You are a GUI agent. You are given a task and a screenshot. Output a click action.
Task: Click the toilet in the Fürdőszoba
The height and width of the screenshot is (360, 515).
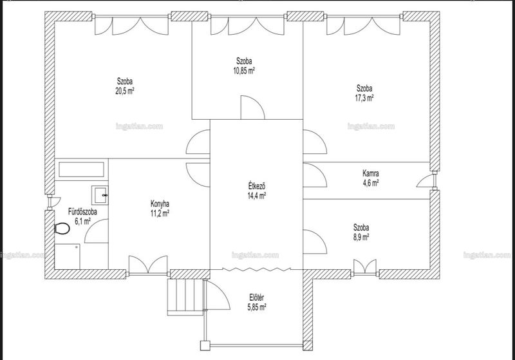[x=62, y=228]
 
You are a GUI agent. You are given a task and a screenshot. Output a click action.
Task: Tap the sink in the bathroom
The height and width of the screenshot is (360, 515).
[x=100, y=195]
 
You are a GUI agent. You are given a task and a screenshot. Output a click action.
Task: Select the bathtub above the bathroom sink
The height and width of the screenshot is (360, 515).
[x=81, y=169]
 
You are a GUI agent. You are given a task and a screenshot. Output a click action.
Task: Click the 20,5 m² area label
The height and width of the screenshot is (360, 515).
[x=124, y=91]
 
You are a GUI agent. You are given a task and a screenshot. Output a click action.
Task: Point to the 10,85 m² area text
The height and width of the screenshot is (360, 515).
[x=244, y=71]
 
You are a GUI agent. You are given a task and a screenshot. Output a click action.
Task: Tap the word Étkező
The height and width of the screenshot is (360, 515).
[x=256, y=186]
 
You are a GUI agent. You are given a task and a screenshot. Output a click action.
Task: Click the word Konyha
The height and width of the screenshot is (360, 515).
[x=160, y=204]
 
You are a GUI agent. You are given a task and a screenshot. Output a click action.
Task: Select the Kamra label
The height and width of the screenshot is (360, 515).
[x=371, y=173]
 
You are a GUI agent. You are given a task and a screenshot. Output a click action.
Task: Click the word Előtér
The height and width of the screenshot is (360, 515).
[x=256, y=298]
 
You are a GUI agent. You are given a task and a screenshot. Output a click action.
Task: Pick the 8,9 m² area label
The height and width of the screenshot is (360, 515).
[x=361, y=237]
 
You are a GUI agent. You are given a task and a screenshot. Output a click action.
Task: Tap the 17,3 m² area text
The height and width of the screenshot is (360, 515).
[x=365, y=98]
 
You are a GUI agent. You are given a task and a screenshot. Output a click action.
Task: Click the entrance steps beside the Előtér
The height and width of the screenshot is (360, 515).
[x=185, y=297]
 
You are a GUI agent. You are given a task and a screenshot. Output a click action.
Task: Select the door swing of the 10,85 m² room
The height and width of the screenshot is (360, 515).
[x=252, y=108]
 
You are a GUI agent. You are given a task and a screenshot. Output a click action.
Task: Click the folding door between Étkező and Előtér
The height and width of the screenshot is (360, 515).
[x=256, y=269]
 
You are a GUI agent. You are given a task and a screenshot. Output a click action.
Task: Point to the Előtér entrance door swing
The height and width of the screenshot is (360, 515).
[x=218, y=295]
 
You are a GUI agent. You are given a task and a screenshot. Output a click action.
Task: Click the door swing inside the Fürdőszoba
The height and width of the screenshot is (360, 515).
[x=96, y=231]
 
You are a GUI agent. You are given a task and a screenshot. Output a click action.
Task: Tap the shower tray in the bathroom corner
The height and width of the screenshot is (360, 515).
[x=68, y=256]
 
